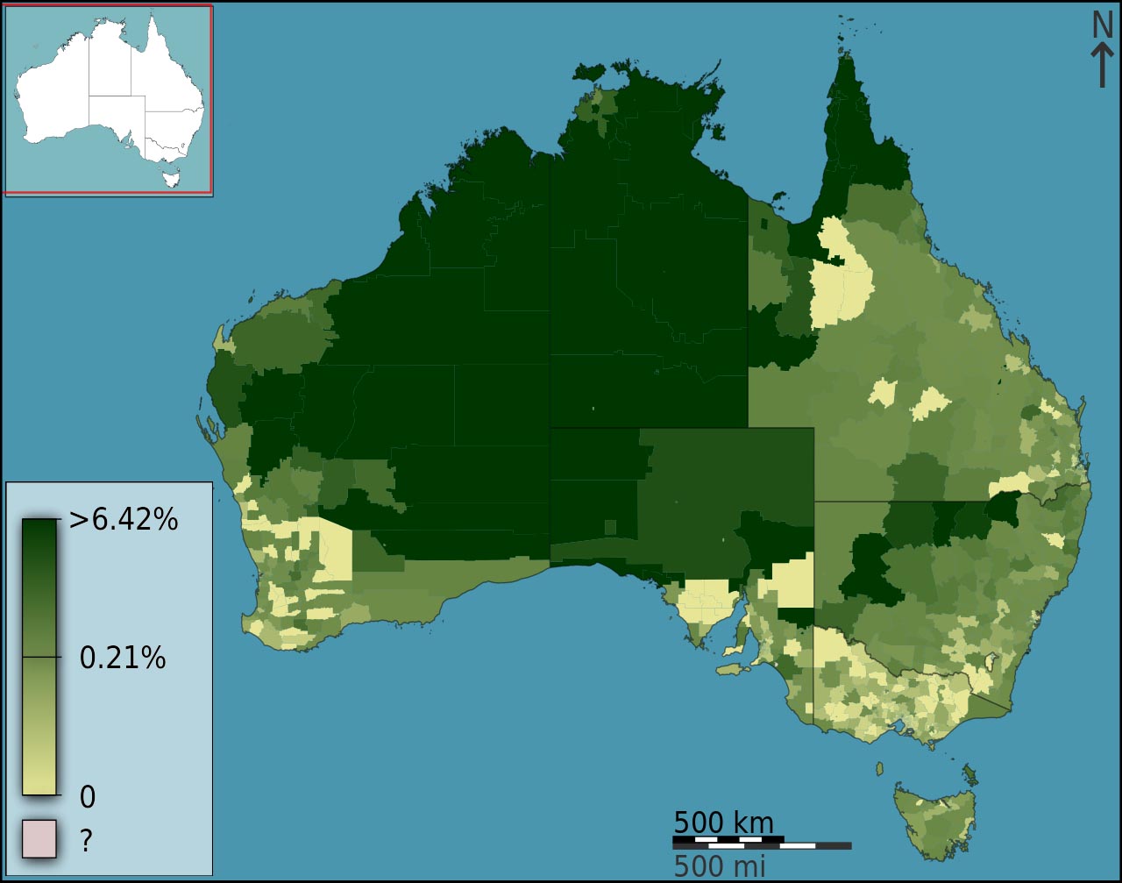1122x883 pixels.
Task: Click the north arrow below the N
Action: point(1102,67)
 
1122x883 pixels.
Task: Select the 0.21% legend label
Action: point(123,657)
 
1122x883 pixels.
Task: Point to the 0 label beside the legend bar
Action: point(88,797)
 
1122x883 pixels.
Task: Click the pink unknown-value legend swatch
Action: point(39,838)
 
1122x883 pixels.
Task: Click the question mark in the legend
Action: point(86,841)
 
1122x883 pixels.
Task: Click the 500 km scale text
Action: point(723,822)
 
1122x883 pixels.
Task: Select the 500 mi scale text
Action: point(719,866)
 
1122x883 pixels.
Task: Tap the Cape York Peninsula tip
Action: point(846,66)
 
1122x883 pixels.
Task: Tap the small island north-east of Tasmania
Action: point(969,773)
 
